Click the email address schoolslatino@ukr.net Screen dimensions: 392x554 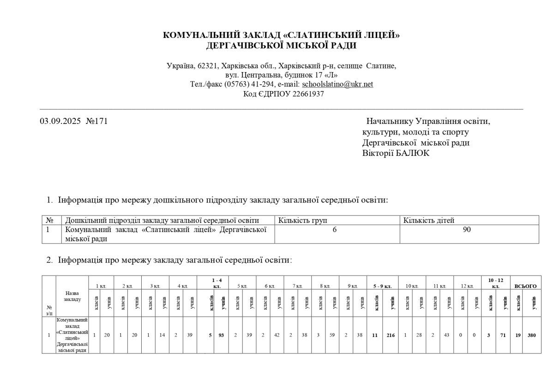click(x=337, y=84)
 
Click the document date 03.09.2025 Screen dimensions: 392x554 click(x=60, y=122)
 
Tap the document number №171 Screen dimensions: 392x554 click(x=96, y=122)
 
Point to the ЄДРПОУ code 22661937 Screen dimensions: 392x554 click(x=308, y=94)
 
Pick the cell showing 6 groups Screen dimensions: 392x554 click(x=334, y=230)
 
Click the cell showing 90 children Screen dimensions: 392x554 click(x=467, y=230)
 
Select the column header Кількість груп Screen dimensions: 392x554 click(x=304, y=220)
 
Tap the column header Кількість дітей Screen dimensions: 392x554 click(x=429, y=220)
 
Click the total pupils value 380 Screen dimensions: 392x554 click(x=532, y=335)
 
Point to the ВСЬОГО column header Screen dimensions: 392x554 click(x=525, y=286)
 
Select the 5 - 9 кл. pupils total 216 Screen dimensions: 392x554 click(x=391, y=335)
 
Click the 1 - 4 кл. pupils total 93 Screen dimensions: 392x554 click(x=221, y=335)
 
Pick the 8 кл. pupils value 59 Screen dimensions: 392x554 click(x=332, y=335)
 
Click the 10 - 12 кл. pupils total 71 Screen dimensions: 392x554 click(x=504, y=335)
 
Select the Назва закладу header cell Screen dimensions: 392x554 click(x=72, y=296)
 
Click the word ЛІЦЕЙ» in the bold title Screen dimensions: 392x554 click(x=381, y=35)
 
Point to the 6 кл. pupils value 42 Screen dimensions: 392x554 click(x=277, y=335)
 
